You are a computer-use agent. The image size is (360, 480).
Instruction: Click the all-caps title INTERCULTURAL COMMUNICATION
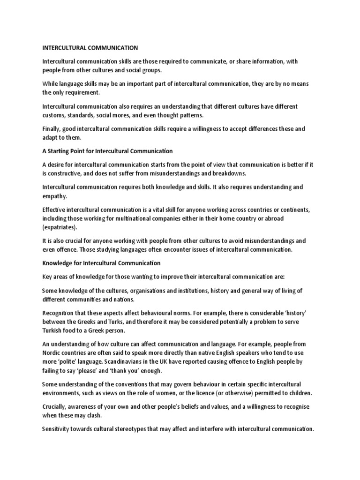(90, 47)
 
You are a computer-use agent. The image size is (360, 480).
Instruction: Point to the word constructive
(68, 173)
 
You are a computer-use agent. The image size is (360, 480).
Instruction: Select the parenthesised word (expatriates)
(60, 227)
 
